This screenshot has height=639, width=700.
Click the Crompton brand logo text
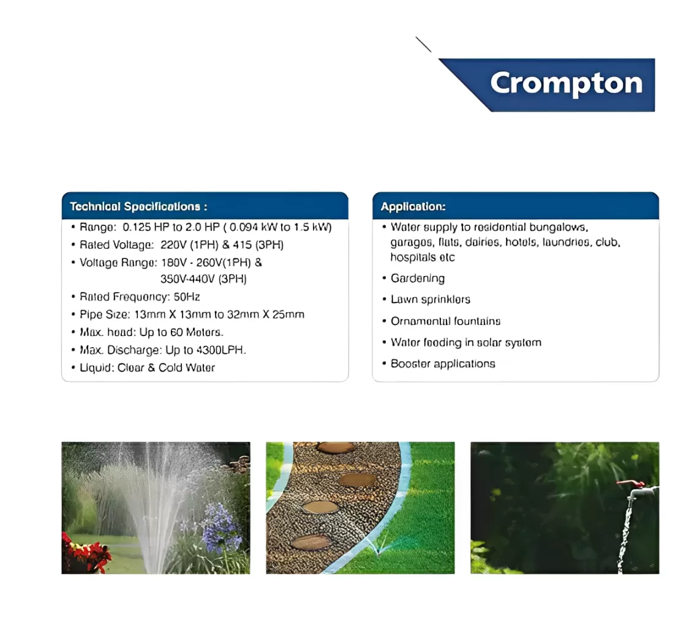point(566,83)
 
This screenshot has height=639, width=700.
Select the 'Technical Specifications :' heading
point(138,207)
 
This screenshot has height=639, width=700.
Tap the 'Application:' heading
point(413,207)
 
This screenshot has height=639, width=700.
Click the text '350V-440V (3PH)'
point(203,279)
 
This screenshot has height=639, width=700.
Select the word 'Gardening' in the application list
point(418,278)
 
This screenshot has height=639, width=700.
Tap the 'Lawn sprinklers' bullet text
point(431,299)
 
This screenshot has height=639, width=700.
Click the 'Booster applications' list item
point(443,364)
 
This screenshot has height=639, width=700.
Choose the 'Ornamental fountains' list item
point(445,321)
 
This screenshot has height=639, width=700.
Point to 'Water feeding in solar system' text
point(466,343)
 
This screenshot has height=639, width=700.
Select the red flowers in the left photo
point(86,553)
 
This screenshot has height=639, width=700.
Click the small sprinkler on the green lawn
point(378,548)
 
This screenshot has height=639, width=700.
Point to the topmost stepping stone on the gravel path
point(336,447)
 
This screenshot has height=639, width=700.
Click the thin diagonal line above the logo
point(423,44)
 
